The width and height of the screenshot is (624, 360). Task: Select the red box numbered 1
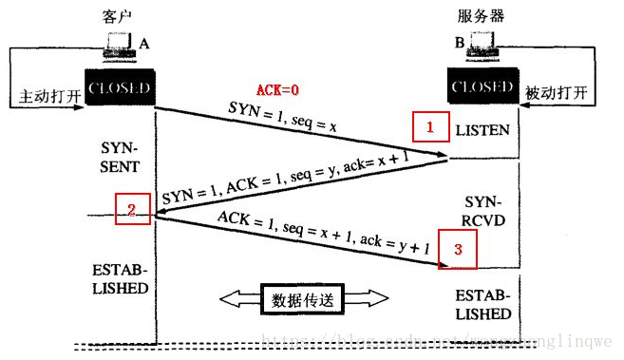coord(429,126)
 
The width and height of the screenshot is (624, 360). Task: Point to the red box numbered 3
coord(456,250)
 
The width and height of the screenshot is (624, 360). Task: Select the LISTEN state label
coord(482,128)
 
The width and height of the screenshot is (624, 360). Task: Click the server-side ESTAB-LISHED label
coord(482,304)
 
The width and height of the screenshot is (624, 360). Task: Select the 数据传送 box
coord(304,299)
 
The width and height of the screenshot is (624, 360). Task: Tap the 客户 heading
coord(114,17)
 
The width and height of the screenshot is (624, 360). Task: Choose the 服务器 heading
coord(481,17)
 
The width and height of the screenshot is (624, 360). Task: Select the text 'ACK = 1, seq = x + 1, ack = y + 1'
coord(324,235)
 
